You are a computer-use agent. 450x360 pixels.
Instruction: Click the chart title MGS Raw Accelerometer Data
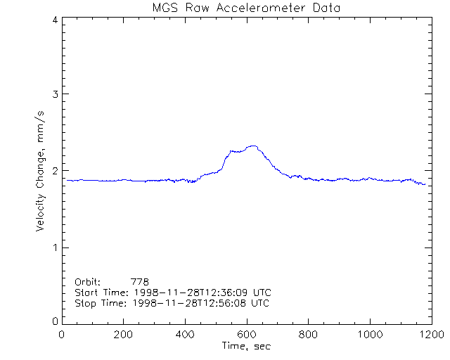click(247, 8)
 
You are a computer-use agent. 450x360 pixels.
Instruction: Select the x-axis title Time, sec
click(246, 347)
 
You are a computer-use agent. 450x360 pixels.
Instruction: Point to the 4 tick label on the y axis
click(54, 20)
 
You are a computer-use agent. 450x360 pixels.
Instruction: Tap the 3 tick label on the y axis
click(54, 94)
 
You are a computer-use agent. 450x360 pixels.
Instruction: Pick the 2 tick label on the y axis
click(54, 171)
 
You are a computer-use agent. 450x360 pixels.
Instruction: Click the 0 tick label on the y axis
click(54, 321)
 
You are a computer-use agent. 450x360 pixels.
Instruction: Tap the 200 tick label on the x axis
click(124, 335)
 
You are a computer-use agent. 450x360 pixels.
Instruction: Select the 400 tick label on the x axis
click(185, 335)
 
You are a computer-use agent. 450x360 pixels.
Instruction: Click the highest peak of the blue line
click(252, 146)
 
